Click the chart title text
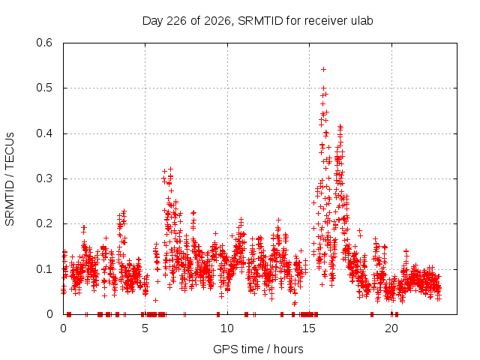click(258, 21)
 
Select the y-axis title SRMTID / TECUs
click(10, 179)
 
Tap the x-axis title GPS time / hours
click(258, 349)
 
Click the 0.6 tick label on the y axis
click(44, 43)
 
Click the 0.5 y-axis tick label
click(44, 88)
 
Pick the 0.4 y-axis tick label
click(44, 133)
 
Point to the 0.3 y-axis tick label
click(44, 178)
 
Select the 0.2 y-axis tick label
click(44, 223)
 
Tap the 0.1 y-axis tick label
click(44, 269)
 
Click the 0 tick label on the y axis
click(49, 314)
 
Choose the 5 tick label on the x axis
click(145, 328)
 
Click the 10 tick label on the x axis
click(227, 328)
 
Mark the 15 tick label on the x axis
click(309, 328)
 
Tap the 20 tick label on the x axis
click(391, 328)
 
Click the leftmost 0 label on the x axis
click(63, 328)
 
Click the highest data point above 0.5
click(323, 70)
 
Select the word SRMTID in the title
click(260, 21)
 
